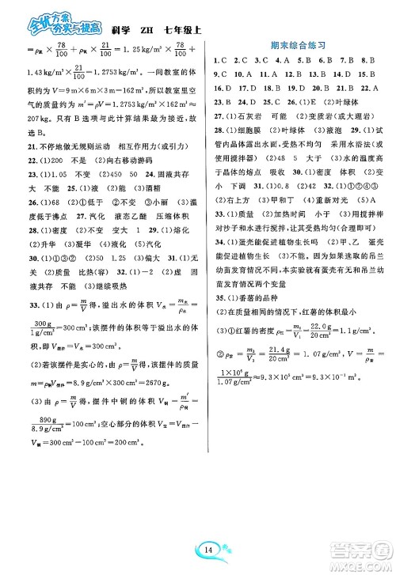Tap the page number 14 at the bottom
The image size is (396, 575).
197,546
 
